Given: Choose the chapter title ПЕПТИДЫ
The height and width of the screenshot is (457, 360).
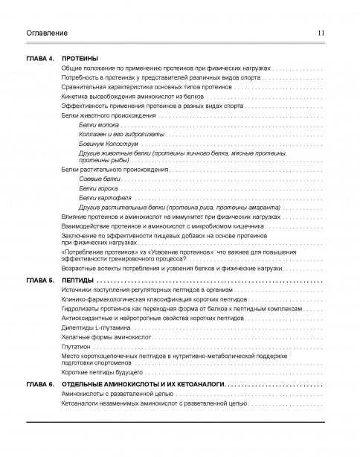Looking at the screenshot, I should point(79,280).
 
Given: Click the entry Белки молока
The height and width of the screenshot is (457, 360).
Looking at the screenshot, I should point(99,126).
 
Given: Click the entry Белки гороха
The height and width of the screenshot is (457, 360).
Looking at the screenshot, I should point(98,190).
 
